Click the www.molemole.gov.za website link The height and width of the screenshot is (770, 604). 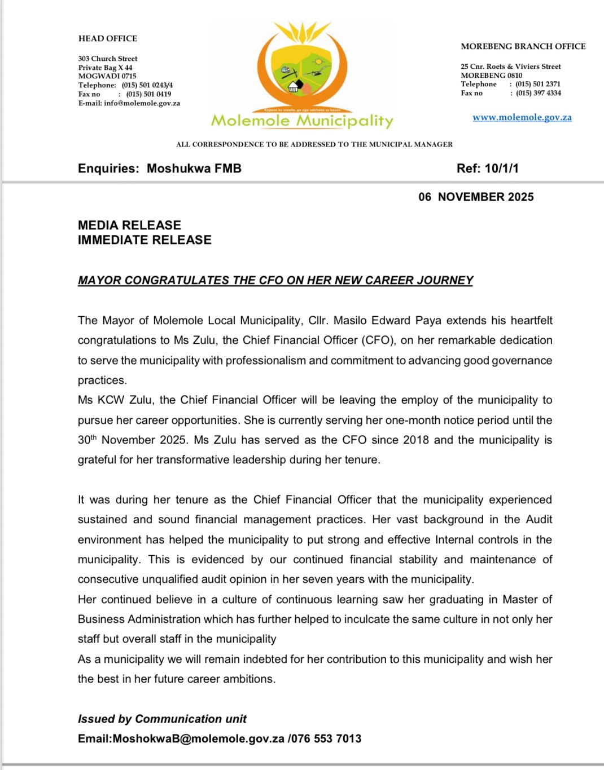click(x=522, y=117)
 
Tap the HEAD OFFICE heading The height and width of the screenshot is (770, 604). click(x=108, y=38)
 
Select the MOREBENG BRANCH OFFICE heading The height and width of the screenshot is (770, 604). click(x=523, y=46)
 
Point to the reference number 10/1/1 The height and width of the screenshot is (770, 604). click(x=502, y=168)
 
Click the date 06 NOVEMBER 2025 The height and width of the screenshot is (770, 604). click(x=476, y=197)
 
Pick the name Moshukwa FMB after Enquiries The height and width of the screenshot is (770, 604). click(x=194, y=168)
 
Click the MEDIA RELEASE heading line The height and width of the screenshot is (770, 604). click(x=129, y=225)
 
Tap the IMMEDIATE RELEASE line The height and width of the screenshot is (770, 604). click(x=145, y=240)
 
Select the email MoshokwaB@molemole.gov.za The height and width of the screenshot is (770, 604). click(x=198, y=738)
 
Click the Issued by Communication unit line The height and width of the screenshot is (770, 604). click(x=162, y=719)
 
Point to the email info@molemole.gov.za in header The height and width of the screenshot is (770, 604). click(x=142, y=103)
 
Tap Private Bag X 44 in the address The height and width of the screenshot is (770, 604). click(x=105, y=67)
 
